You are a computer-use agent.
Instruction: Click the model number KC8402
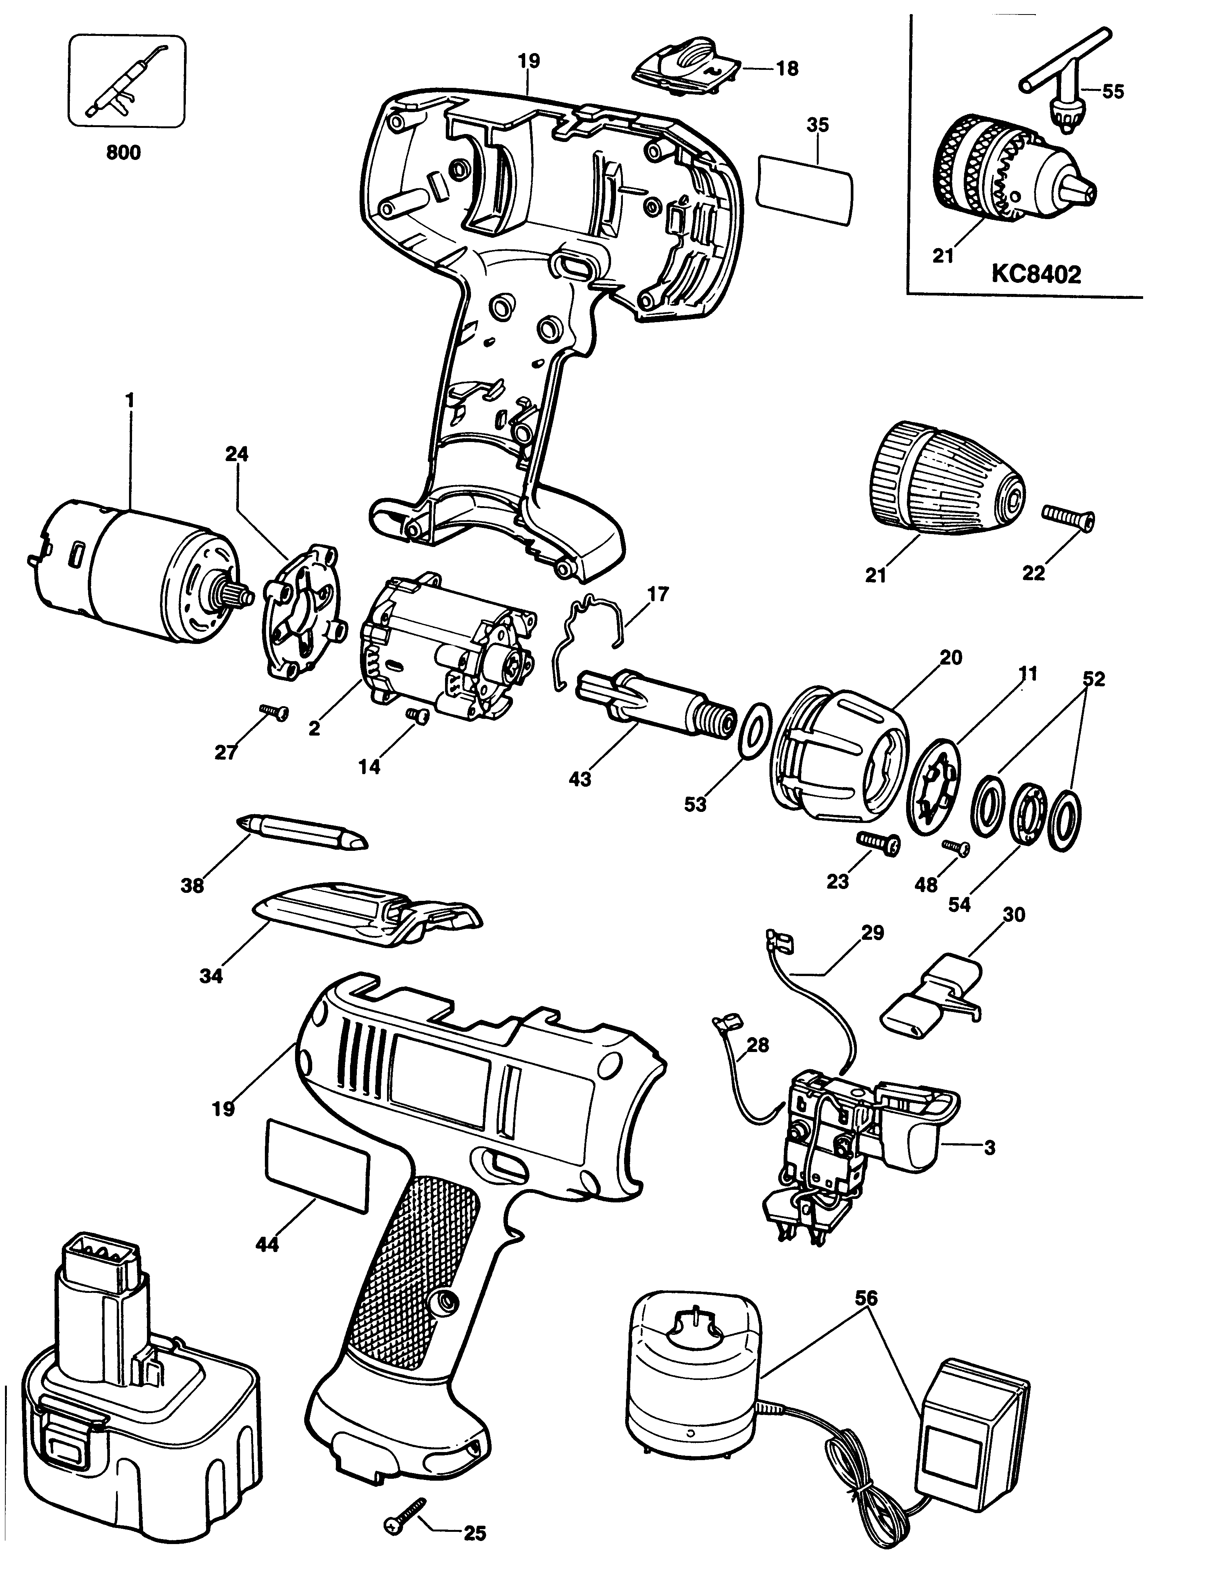coord(1035,274)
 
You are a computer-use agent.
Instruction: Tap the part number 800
coord(124,152)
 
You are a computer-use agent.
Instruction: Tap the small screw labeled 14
coord(417,715)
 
